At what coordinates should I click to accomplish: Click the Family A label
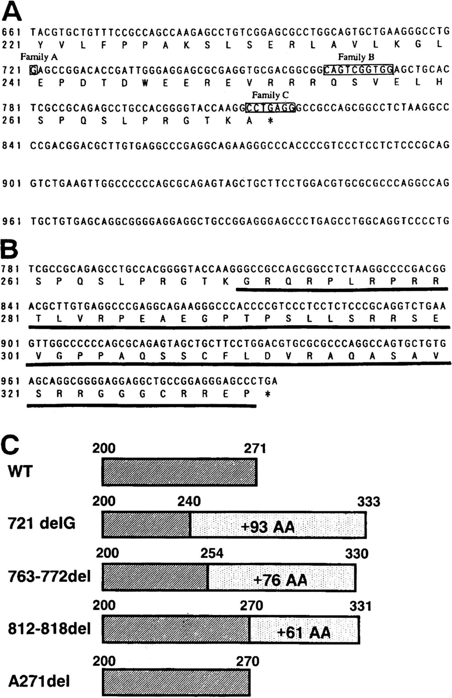pyautogui.click(x=39, y=57)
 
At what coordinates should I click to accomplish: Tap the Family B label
pyautogui.click(x=356, y=57)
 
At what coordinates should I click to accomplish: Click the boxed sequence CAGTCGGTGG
pyautogui.click(x=359, y=69)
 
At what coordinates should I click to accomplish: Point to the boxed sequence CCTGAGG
pyautogui.click(x=270, y=108)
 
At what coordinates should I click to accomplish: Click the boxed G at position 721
pyautogui.click(x=34, y=70)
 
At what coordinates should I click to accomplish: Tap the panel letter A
pyautogui.click(x=12, y=13)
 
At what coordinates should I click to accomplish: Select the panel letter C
pyautogui.click(x=10, y=445)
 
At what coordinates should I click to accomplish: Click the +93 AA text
pyautogui.click(x=267, y=527)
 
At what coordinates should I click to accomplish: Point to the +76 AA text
pyautogui.click(x=280, y=580)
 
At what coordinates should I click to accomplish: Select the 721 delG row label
pyautogui.click(x=42, y=523)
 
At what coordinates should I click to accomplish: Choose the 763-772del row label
pyautogui.click(x=49, y=577)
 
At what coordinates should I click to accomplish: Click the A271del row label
pyautogui.click(x=39, y=681)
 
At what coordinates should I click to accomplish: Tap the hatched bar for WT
pyautogui.click(x=179, y=472)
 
